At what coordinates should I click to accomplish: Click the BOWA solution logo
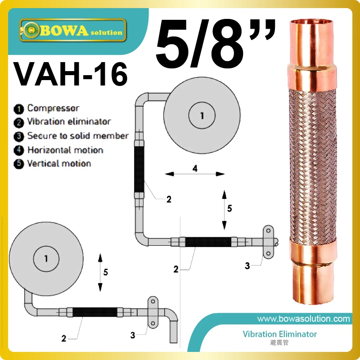coord(73,30)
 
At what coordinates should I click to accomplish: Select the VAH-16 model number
coord(71,74)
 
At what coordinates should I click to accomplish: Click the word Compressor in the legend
coord(53,108)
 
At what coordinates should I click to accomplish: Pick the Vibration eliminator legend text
coord(69,121)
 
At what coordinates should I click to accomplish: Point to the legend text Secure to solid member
coord(78,136)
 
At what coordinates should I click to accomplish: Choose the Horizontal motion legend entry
coord(65,150)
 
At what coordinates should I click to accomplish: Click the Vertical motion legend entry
coord(59,163)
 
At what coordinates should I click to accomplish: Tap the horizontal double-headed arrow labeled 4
coord(195,174)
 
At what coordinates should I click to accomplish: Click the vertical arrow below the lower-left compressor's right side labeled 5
coord(100,273)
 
